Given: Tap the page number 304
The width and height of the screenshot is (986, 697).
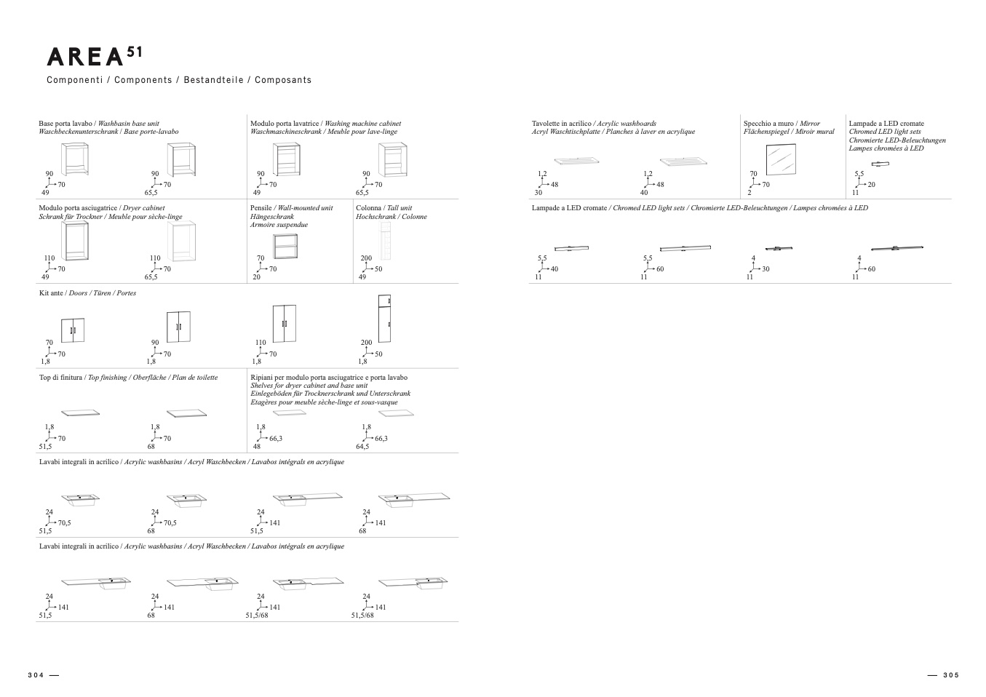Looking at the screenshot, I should click(x=36, y=675).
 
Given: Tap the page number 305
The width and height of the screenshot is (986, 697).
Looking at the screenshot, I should click(x=951, y=675).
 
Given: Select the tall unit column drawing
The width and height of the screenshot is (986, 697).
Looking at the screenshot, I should click(x=386, y=241).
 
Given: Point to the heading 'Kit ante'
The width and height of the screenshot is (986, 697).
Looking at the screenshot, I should click(x=51, y=293).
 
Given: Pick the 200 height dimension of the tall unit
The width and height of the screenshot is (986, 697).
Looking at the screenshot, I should click(x=366, y=258).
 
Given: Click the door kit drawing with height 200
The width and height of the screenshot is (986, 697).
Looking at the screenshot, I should click(x=386, y=319).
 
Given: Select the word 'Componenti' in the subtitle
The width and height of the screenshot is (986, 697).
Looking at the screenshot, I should click(x=74, y=80).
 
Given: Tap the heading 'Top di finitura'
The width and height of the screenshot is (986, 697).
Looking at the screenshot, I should click(x=61, y=378).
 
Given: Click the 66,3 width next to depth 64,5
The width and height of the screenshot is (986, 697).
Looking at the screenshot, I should click(x=381, y=439).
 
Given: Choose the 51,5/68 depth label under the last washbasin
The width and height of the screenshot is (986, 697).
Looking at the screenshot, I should click(x=362, y=616).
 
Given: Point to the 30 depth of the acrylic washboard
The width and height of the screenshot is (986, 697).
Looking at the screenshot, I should click(x=538, y=193).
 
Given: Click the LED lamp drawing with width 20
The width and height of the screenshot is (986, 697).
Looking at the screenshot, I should click(x=880, y=164).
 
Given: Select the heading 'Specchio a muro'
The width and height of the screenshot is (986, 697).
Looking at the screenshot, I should click(x=769, y=124).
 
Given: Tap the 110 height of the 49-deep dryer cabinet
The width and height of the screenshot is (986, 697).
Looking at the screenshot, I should click(x=49, y=258).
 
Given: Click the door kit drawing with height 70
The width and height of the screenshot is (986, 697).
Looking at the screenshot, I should click(x=72, y=330).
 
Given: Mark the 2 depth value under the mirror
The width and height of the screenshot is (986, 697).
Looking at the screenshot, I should click(x=749, y=193).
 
